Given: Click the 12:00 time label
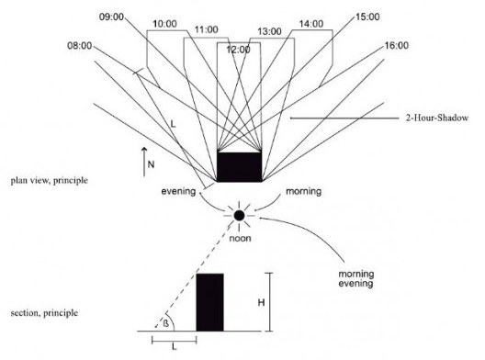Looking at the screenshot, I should tap(238, 49).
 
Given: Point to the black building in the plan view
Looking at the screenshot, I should tap(238, 166).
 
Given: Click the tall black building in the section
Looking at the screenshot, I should tap(209, 302).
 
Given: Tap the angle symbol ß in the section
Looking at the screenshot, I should tap(166, 321).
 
